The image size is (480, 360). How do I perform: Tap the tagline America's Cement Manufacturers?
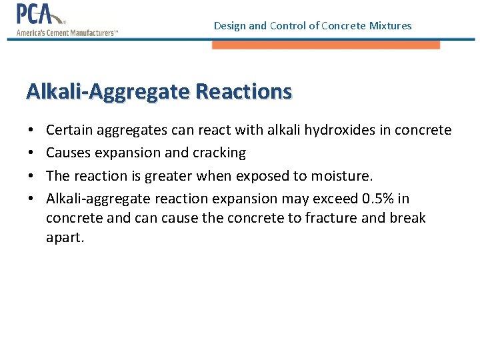[x=67, y=33]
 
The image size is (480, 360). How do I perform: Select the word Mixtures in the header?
[x=390, y=26]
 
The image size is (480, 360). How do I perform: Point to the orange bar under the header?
[x=326, y=45]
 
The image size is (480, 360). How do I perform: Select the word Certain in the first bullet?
[x=69, y=130]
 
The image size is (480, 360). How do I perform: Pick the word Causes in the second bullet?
[x=68, y=153]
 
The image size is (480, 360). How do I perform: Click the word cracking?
[x=219, y=153]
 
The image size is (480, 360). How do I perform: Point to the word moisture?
[x=344, y=176]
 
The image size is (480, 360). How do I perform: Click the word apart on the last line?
[x=65, y=238]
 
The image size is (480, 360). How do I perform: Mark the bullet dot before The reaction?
[x=32, y=176]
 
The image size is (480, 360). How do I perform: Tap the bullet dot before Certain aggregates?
[x=32, y=130]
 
